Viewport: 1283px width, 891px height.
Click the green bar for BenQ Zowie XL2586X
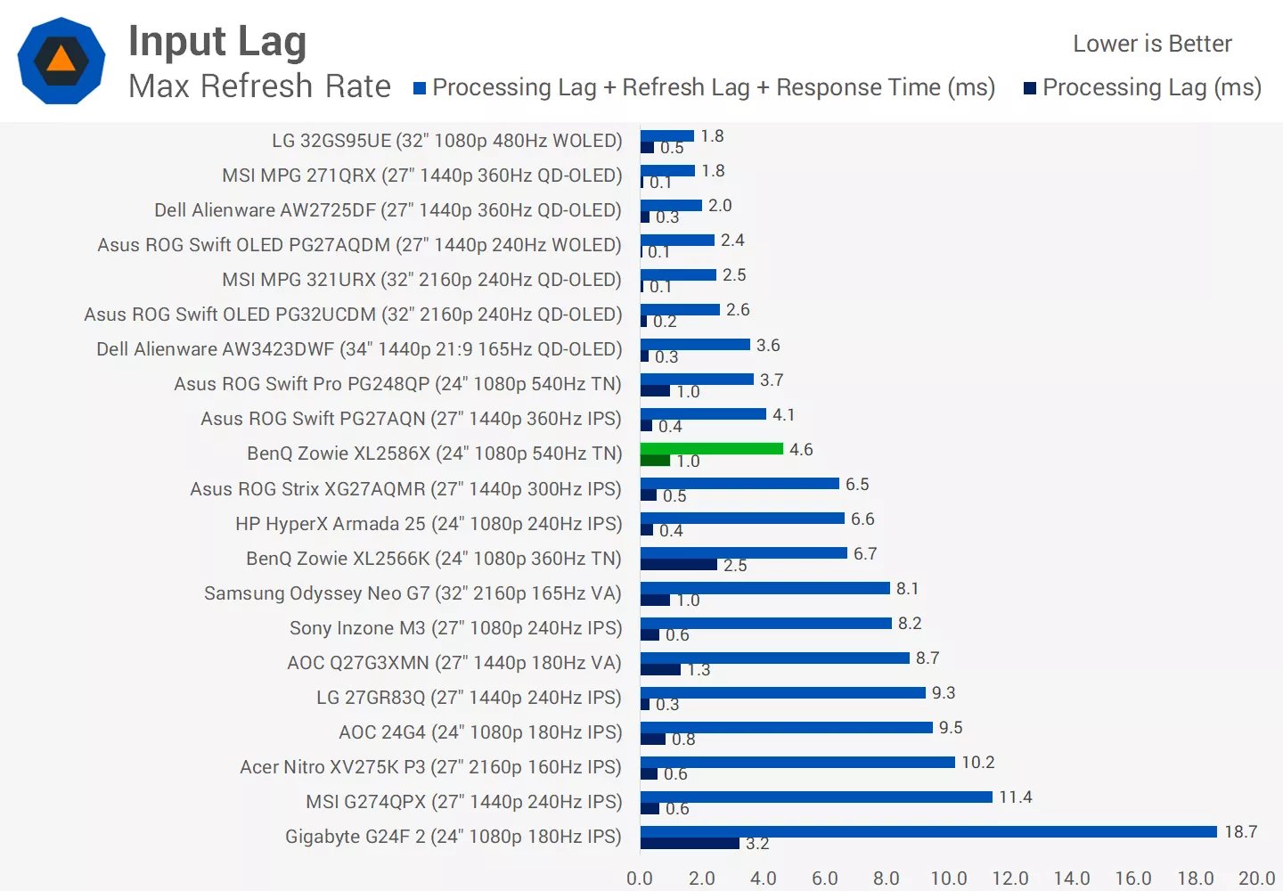(x=712, y=448)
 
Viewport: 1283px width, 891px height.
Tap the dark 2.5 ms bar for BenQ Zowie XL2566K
(x=679, y=565)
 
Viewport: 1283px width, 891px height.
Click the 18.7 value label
(x=1240, y=831)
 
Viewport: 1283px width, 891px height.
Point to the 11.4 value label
(x=1015, y=797)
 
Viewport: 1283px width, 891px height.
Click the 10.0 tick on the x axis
(x=948, y=879)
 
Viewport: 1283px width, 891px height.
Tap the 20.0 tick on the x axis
(x=1256, y=879)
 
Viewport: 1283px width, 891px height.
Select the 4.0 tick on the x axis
(x=763, y=879)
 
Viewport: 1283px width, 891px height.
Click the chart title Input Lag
(x=217, y=42)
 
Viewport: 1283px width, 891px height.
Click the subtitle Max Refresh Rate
(x=259, y=86)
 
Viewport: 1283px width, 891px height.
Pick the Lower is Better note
(x=1152, y=44)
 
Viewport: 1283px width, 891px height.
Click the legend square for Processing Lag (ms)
(x=1030, y=88)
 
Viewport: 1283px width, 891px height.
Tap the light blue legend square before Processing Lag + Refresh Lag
(x=420, y=88)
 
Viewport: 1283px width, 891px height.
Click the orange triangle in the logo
(x=61, y=59)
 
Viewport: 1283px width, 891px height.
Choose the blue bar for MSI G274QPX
(x=816, y=797)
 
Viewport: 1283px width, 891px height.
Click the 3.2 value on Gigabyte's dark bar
(x=757, y=843)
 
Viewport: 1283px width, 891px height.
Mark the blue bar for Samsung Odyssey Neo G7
(x=765, y=588)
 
